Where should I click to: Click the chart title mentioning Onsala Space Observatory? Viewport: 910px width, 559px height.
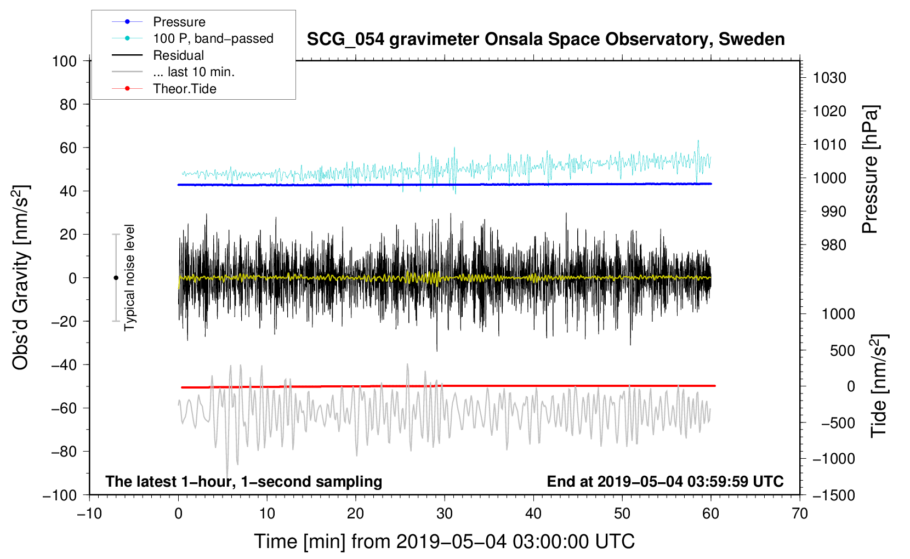(x=545, y=39)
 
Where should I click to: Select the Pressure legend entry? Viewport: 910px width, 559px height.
(x=179, y=22)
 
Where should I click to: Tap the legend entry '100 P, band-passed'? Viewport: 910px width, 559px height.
(x=213, y=38)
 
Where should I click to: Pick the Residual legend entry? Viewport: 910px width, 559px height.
(x=178, y=55)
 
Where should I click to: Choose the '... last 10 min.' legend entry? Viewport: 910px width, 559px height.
(x=194, y=72)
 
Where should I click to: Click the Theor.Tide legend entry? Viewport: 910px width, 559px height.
(x=184, y=89)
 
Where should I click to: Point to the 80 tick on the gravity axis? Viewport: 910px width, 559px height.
(x=68, y=104)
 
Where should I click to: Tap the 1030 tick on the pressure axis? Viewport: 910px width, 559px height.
(x=829, y=78)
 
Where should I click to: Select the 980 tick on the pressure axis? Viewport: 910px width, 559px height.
(x=833, y=245)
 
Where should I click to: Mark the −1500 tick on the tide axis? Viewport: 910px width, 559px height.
(x=833, y=495)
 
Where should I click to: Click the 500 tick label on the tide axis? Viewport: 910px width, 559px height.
(x=842, y=350)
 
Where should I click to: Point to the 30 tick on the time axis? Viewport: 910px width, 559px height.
(x=445, y=514)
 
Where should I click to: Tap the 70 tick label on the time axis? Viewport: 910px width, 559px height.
(x=800, y=514)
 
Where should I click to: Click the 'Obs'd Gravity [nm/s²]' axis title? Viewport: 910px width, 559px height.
(x=21, y=277)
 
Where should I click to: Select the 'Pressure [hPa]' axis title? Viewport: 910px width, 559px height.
(x=870, y=169)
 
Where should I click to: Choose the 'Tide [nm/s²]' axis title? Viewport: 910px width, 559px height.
(x=879, y=386)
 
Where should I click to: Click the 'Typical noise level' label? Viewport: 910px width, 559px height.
(x=129, y=277)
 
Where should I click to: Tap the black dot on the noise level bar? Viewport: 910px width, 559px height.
(x=116, y=278)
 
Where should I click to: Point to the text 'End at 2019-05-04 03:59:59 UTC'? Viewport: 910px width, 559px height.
(x=665, y=481)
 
